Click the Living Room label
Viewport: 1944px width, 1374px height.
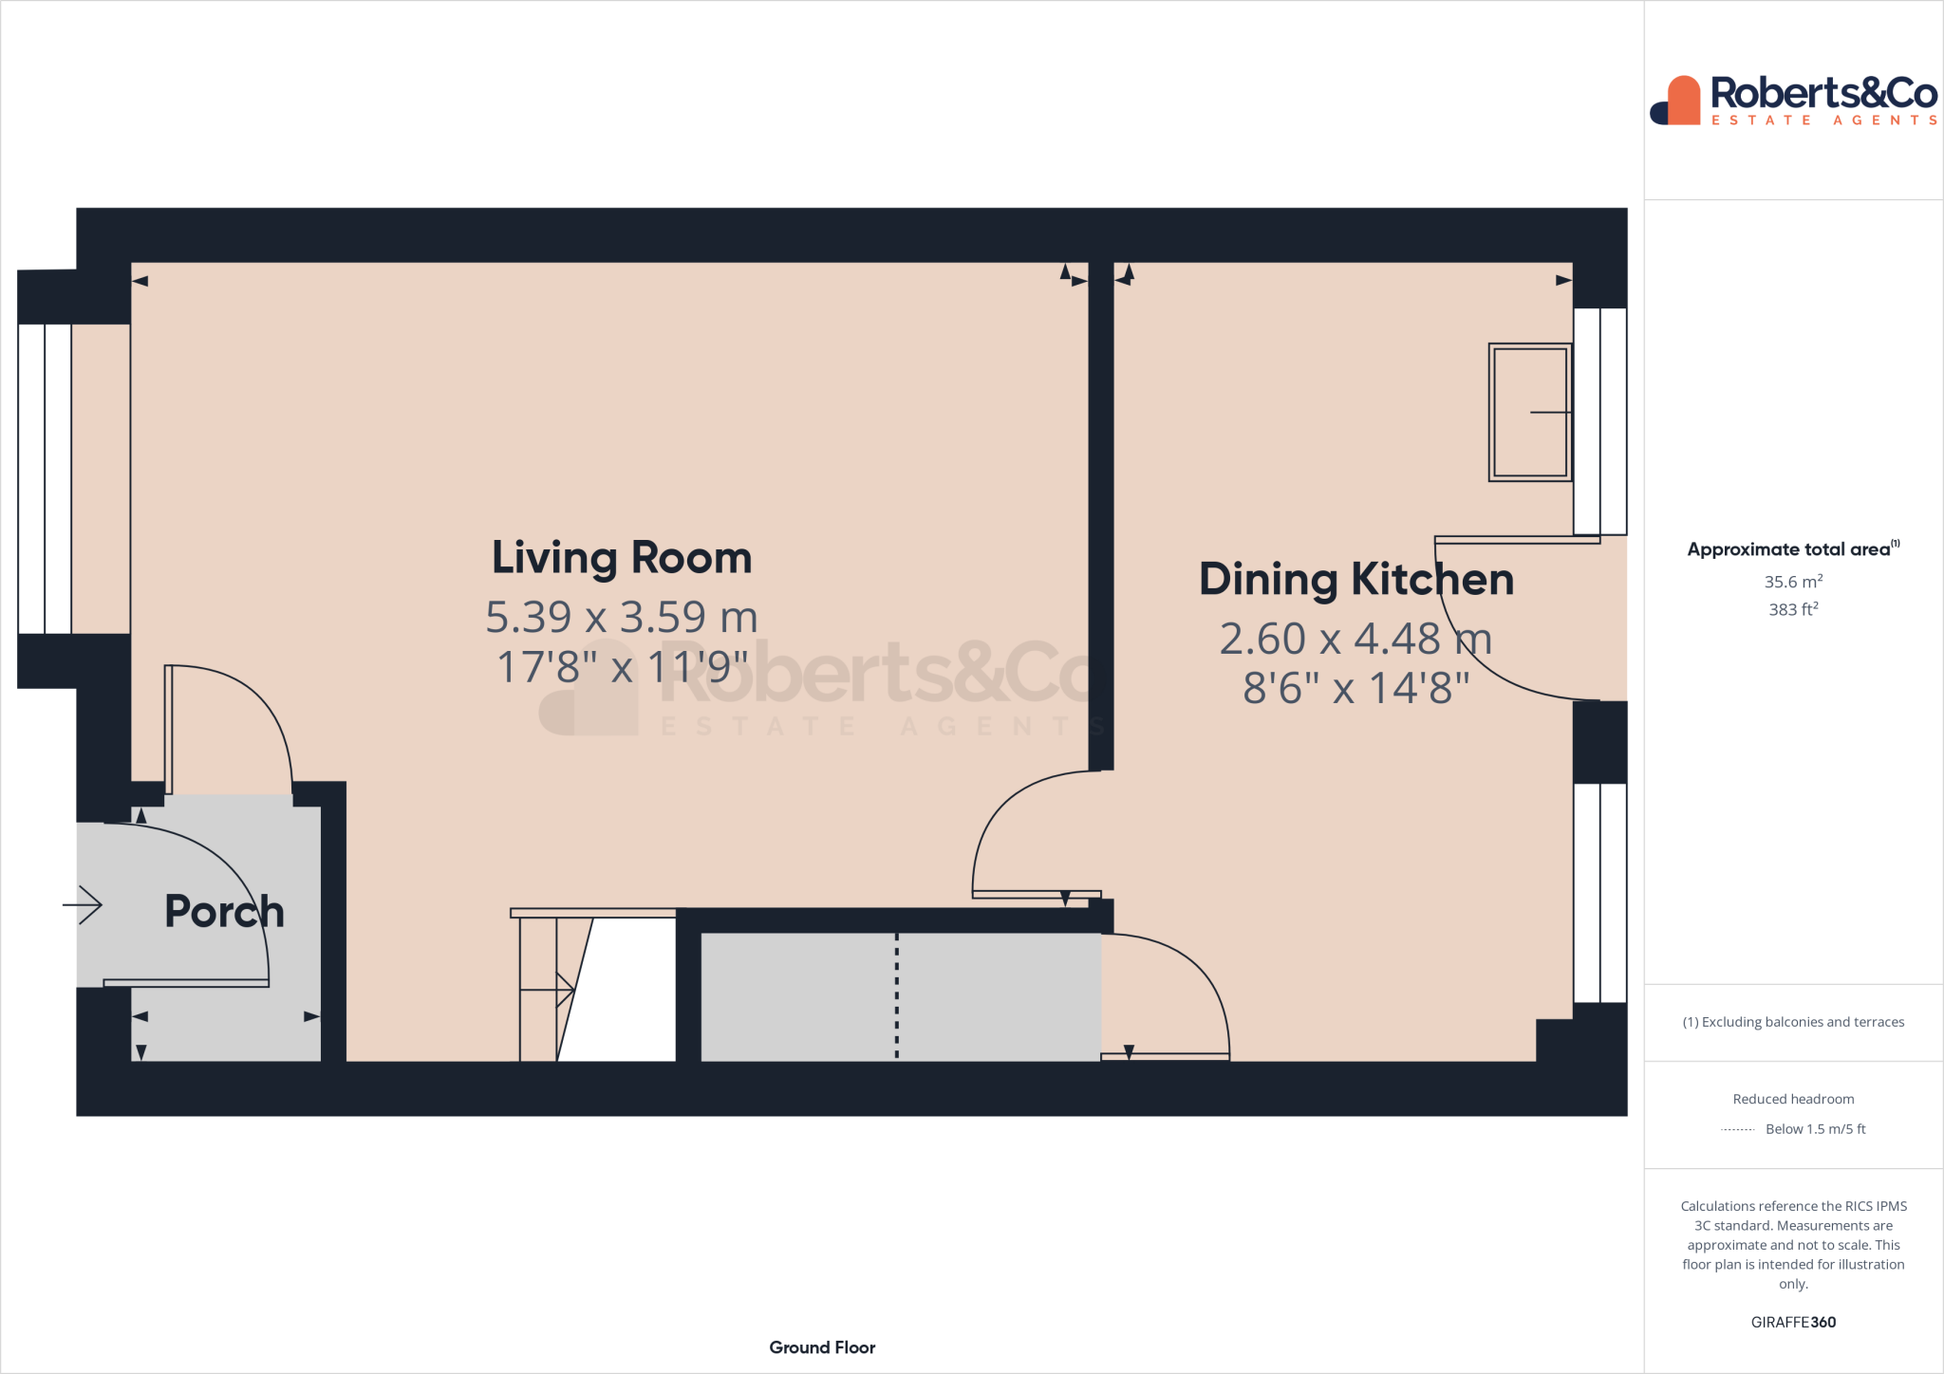tap(622, 558)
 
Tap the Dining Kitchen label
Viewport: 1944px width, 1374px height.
tap(1355, 580)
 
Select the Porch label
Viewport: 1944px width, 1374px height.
tap(224, 912)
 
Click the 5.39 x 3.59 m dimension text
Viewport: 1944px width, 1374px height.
tap(622, 618)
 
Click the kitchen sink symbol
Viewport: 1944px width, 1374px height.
tap(1529, 413)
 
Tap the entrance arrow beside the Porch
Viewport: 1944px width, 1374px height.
tap(84, 904)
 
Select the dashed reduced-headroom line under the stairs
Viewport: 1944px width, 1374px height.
tap(897, 996)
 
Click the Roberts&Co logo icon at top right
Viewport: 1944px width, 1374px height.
tap(1676, 101)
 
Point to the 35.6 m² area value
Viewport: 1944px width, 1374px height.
tap(1793, 582)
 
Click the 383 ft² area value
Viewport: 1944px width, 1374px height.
tap(1793, 609)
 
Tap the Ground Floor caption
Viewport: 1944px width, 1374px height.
tap(822, 1347)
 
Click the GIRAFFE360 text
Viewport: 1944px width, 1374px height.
tap(1793, 1322)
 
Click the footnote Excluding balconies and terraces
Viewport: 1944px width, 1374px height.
tap(1793, 1022)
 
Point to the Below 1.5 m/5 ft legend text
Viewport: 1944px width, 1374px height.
tap(1815, 1129)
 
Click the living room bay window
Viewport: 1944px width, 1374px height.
tap(45, 479)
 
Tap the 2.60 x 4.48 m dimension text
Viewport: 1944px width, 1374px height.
tap(1355, 640)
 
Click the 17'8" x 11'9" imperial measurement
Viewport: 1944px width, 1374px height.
tap(622, 667)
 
